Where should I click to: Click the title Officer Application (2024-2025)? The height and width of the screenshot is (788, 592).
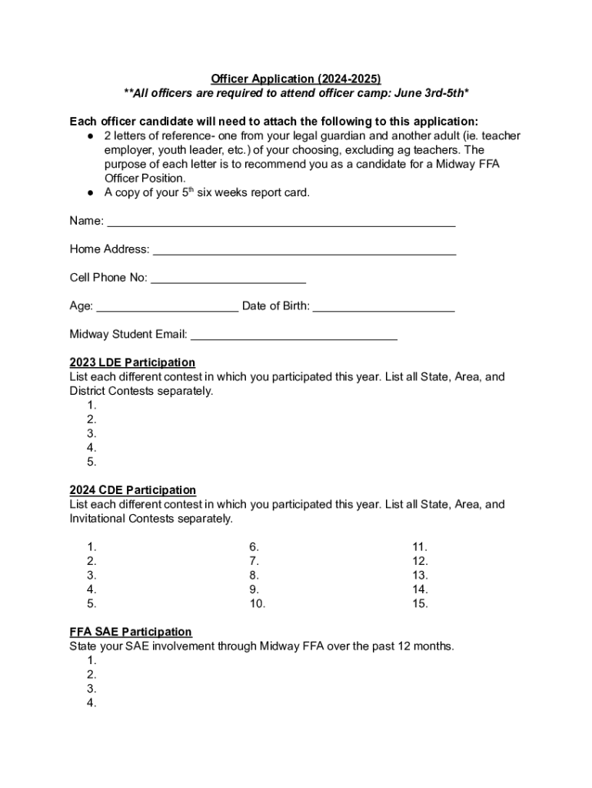[x=296, y=79]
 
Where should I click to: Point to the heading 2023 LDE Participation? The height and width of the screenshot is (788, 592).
[x=132, y=362]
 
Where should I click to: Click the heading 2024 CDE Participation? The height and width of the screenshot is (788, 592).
[x=132, y=490]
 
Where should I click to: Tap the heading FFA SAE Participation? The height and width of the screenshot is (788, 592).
[x=131, y=632]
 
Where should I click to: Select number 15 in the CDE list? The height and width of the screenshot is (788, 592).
[x=420, y=604]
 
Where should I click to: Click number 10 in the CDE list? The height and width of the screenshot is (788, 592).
[x=257, y=604]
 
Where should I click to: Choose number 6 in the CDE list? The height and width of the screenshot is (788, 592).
[x=254, y=547]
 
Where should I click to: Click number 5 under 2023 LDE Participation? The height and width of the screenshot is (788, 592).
[x=91, y=462]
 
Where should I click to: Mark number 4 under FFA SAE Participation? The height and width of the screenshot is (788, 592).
[x=91, y=703]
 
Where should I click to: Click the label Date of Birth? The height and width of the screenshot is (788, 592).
[x=276, y=306]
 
